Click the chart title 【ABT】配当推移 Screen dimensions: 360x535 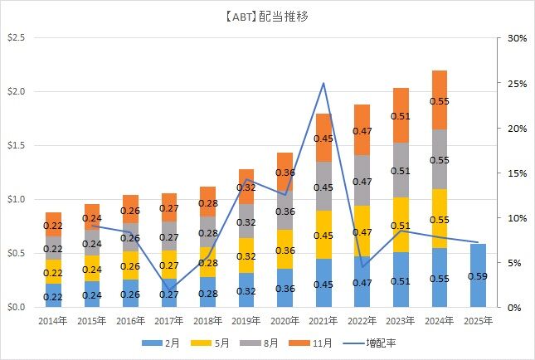(x=267, y=16)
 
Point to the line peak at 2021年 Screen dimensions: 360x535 (x=323, y=83)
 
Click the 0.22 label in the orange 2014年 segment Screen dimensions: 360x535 (x=53, y=225)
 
